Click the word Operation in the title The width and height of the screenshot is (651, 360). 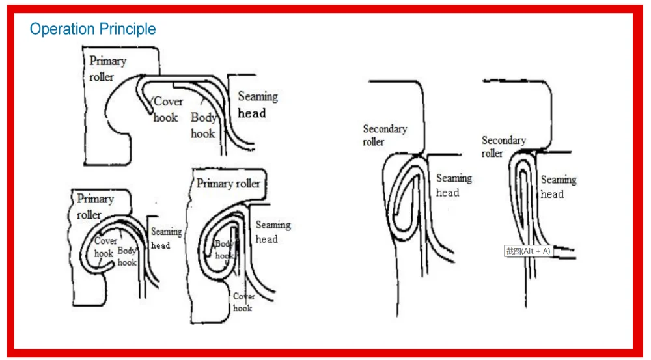point(61,29)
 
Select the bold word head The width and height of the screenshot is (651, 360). point(252,113)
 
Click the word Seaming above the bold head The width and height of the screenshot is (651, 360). point(257,97)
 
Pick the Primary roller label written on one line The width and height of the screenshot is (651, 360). point(228,184)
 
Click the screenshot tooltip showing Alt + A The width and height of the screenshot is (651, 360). point(528,251)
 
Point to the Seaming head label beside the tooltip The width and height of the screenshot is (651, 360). point(558,187)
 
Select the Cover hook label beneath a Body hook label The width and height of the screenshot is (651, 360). point(244,302)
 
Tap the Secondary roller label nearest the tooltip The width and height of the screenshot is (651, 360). point(503,146)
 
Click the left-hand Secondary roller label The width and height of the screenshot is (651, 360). point(385,135)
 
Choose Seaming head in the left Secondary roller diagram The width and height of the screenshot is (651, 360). point(454,185)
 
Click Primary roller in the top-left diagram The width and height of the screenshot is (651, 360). point(107,68)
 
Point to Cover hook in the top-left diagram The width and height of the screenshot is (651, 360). point(167,109)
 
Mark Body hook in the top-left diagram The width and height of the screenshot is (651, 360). point(203,126)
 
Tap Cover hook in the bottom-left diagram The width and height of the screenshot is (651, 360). point(105,247)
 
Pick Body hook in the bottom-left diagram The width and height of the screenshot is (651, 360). point(127,256)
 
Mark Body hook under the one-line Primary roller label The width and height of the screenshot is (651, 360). point(225,249)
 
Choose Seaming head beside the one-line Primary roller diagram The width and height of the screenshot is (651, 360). point(273,232)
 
